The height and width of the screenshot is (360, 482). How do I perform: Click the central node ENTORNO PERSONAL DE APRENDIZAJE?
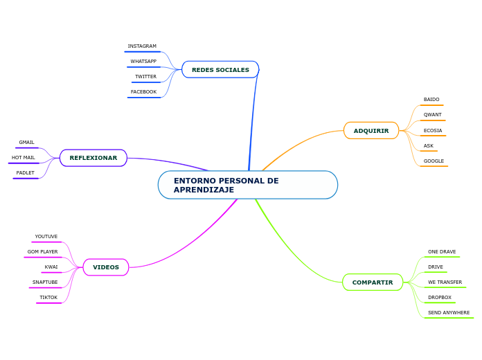coord(247,185)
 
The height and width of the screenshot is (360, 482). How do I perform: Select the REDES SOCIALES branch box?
coord(220,70)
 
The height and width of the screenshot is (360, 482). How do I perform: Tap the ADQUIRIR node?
coord(371,131)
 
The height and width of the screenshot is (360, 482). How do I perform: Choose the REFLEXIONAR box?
coord(93,158)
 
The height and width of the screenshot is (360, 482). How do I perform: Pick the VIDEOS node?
coord(106,267)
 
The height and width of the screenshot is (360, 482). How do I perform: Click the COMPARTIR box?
coord(373,282)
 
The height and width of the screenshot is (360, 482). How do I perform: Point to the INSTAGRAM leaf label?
coord(142,46)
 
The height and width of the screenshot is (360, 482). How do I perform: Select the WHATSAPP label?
coord(143,62)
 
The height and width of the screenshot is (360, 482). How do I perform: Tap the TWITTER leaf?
coord(145,77)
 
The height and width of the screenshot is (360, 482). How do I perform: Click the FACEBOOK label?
coord(143,92)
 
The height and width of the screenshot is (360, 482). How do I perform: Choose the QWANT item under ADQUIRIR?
coord(433,115)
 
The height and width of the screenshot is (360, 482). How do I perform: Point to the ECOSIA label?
coord(433,131)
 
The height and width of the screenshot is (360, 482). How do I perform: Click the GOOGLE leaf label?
coord(434,161)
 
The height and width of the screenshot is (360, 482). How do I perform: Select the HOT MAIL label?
coord(24,158)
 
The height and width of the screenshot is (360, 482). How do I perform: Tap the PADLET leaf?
coord(26,173)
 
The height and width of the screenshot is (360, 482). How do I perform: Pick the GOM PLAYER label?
coord(43,252)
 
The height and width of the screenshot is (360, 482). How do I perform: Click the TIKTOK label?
coord(48,298)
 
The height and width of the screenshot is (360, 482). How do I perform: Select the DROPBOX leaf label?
coord(440,298)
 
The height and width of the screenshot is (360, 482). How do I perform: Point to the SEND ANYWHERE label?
coord(449,313)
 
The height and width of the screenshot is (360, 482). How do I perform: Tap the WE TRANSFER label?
coord(445,282)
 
